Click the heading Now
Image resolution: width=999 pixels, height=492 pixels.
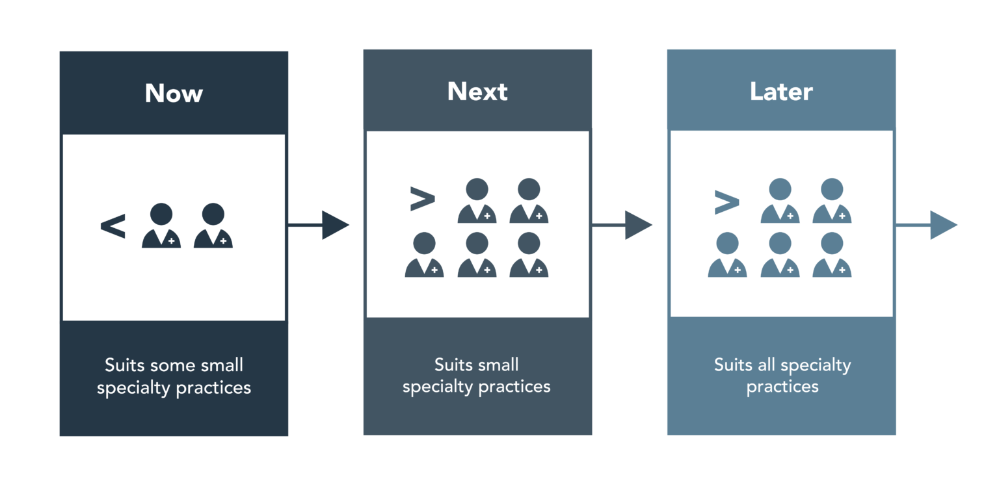(174, 94)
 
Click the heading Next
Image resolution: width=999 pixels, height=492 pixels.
(477, 92)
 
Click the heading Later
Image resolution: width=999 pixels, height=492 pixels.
(781, 92)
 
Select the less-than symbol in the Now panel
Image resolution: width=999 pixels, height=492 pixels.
(113, 228)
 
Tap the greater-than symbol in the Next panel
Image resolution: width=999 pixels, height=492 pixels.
(422, 200)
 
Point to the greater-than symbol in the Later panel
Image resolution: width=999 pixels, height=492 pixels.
(726, 202)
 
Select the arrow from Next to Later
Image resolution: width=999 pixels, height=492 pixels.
(622, 226)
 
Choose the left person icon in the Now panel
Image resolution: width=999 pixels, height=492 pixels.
(161, 226)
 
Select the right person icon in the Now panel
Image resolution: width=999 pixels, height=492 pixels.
(213, 226)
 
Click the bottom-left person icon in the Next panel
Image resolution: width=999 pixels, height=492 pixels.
(424, 254)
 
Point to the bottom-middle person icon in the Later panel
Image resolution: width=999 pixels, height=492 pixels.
(780, 254)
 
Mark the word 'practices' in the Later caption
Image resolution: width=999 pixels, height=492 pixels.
(782, 387)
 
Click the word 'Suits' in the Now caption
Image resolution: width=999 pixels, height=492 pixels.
(125, 365)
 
